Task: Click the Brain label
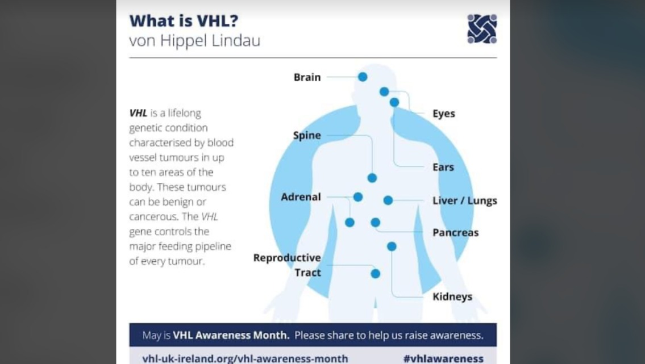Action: [x=307, y=77]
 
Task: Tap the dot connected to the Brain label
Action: [x=363, y=77]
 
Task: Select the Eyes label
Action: [x=443, y=114]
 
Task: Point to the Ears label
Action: [x=443, y=167]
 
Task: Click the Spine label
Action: [x=307, y=136]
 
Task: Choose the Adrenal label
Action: [x=301, y=197]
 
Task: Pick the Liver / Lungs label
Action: [x=464, y=200]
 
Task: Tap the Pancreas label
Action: [x=455, y=232]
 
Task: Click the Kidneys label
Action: [x=452, y=296]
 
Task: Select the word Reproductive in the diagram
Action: [x=287, y=258]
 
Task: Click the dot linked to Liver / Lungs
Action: [x=388, y=200]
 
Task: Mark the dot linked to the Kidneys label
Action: [x=392, y=246]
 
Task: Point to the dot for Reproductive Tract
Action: [x=375, y=274]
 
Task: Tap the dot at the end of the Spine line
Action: [x=372, y=178]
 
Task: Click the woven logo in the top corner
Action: [x=482, y=29]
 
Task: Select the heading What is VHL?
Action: [x=184, y=20]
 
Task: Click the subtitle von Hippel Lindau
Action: [x=194, y=41]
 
